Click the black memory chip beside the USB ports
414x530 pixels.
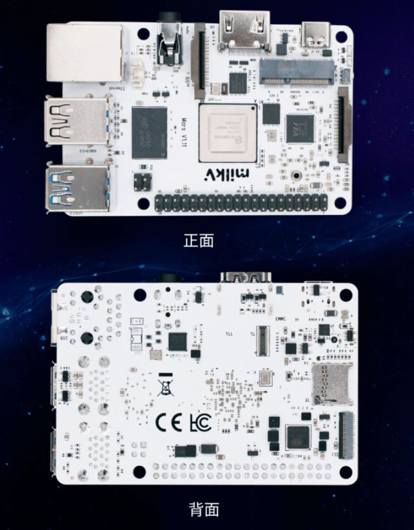click(x=149, y=132)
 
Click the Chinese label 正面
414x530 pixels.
click(x=199, y=240)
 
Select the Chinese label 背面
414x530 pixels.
click(x=204, y=509)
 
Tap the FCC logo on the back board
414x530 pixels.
click(x=199, y=423)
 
